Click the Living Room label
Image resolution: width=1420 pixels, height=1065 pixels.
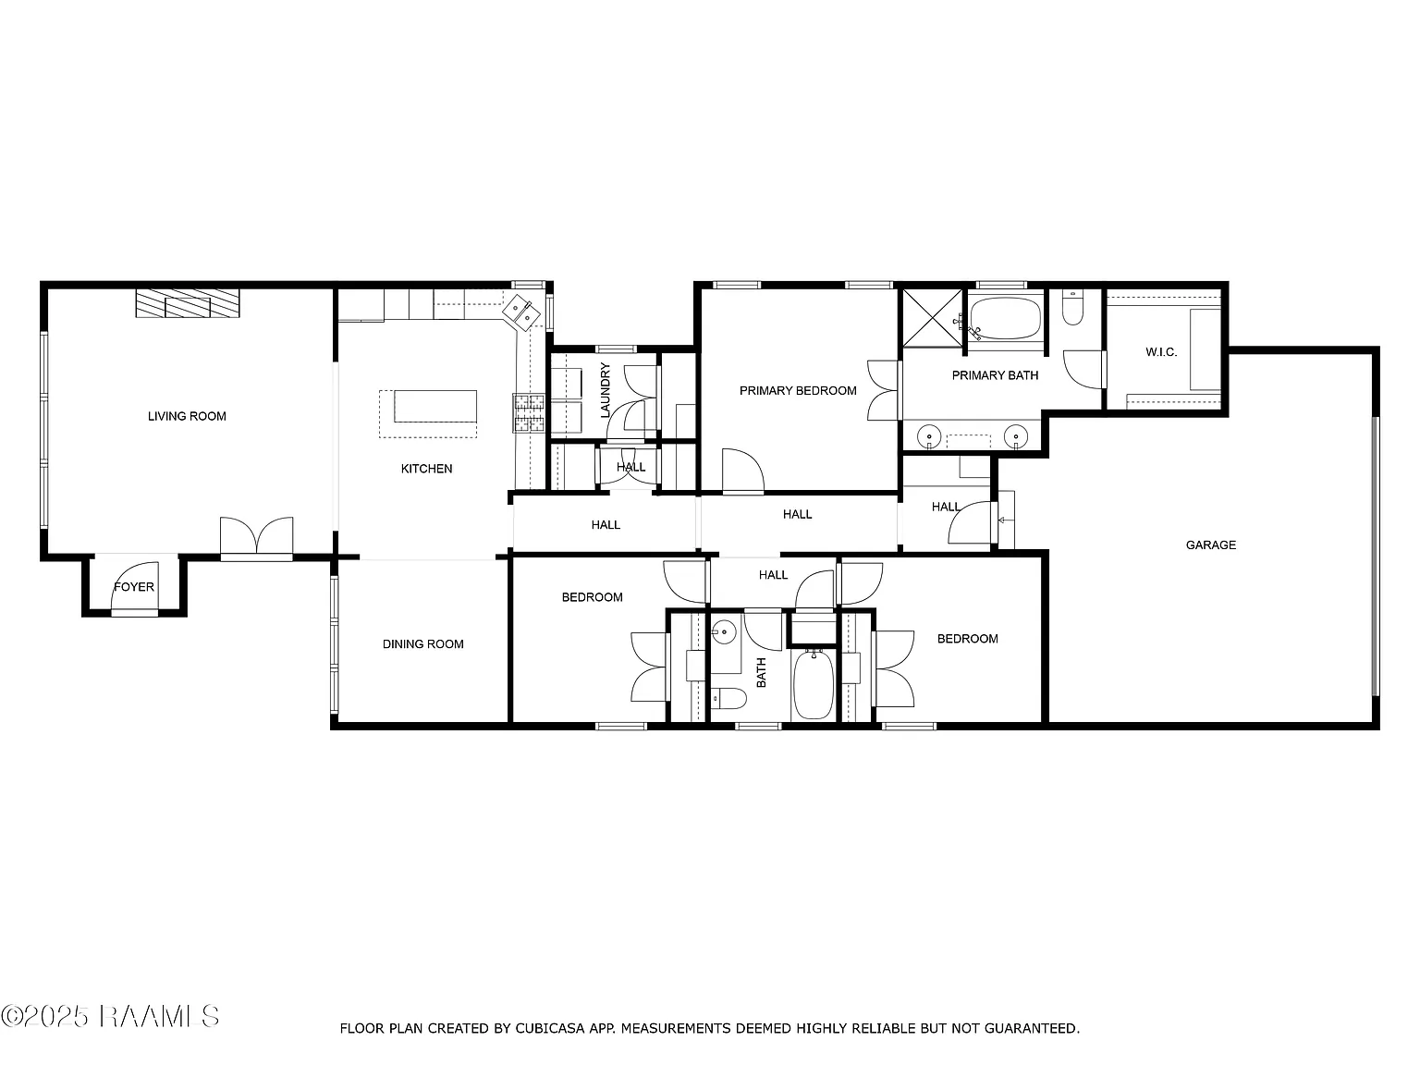click(187, 416)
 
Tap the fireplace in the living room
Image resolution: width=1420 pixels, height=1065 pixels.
click(188, 303)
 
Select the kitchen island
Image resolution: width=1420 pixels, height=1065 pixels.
click(435, 406)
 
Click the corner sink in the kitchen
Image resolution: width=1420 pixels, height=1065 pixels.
click(522, 313)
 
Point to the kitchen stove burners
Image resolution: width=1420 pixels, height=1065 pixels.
click(529, 412)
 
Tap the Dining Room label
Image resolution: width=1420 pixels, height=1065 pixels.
click(423, 644)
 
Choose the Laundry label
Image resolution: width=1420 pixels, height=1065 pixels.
click(606, 390)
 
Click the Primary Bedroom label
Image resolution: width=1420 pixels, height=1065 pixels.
click(798, 390)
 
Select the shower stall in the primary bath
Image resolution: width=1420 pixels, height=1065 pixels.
click(932, 319)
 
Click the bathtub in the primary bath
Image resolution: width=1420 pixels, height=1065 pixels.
click(1005, 318)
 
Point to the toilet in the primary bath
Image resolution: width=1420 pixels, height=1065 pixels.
click(1072, 308)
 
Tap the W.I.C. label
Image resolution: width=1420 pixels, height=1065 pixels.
click(1161, 352)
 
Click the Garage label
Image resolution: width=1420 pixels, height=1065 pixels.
click(1210, 545)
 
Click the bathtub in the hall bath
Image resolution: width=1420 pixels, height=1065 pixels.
click(814, 685)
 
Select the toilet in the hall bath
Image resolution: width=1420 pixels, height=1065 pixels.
click(728, 698)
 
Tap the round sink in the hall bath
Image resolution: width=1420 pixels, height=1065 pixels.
click(725, 631)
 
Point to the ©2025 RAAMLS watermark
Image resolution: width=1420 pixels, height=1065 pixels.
click(110, 1017)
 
